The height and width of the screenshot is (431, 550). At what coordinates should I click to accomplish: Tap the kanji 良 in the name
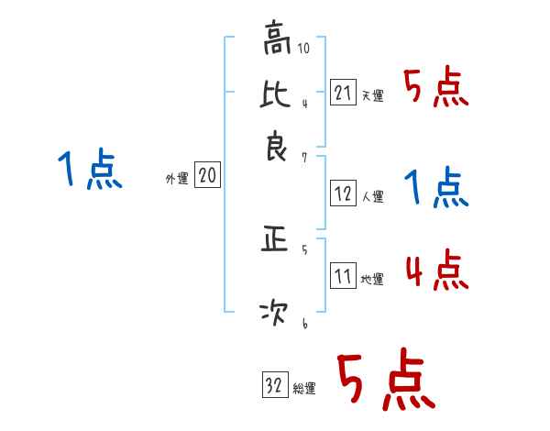click(x=276, y=147)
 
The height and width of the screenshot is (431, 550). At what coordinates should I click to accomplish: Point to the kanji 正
click(x=276, y=240)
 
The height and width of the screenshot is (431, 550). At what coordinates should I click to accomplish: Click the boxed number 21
click(x=343, y=91)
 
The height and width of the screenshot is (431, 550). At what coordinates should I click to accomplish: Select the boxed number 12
click(x=343, y=193)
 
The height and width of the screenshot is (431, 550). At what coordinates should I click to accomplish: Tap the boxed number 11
click(x=343, y=275)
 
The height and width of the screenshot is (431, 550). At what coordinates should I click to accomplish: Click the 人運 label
click(x=372, y=196)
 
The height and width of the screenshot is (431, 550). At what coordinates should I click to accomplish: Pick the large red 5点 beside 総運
click(x=384, y=381)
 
